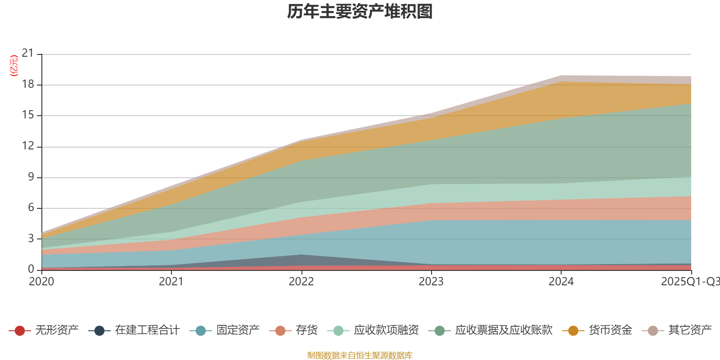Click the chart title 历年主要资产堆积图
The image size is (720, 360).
pyautogui.click(x=360, y=12)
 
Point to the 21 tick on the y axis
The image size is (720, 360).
pyautogui.click(x=28, y=54)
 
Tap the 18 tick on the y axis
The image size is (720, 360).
pyautogui.click(x=28, y=85)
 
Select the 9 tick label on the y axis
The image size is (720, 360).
pyautogui.click(x=31, y=177)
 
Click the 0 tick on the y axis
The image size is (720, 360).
pyautogui.click(x=31, y=269)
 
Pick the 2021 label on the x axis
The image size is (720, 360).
pyautogui.click(x=171, y=282)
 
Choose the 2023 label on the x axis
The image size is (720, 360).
pyautogui.click(x=431, y=282)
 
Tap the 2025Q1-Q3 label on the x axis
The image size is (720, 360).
pyautogui.click(x=690, y=282)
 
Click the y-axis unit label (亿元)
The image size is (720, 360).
pyautogui.click(x=14, y=66)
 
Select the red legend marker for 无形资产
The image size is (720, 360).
pyautogui.click(x=19, y=331)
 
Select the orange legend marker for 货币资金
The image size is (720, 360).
pyautogui.click(x=573, y=331)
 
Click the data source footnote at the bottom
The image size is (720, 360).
pyautogui.click(x=360, y=355)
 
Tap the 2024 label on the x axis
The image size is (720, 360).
pyautogui.click(x=561, y=282)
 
